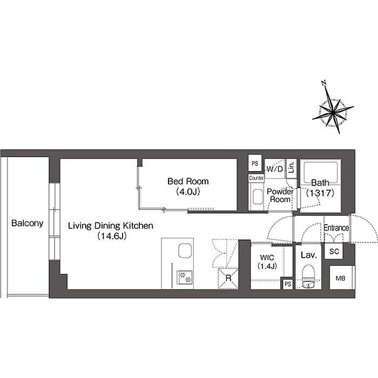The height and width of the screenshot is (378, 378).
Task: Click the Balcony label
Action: (27, 223)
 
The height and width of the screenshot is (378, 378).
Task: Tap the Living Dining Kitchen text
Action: (111, 226)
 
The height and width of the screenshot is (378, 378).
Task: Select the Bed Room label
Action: (188, 181)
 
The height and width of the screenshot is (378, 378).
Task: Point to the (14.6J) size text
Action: (112, 236)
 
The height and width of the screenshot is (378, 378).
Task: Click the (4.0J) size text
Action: (188, 192)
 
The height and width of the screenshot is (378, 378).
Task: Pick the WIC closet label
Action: (267, 258)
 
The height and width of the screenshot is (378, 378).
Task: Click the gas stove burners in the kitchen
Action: (185, 277)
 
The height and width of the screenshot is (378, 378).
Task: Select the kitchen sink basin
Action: (185, 251)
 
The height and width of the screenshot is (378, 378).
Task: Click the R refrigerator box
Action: (228, 278)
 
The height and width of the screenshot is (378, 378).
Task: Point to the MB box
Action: (341, 278)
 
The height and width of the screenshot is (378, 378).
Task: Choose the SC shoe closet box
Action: (334, 252)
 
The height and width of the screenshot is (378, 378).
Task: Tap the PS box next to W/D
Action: (255, 163)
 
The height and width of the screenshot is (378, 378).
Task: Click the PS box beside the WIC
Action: (288, 284)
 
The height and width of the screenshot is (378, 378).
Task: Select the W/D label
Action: (275, 169)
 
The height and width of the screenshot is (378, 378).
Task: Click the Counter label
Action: (256, 178)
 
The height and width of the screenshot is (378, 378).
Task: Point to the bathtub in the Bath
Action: (320, 173)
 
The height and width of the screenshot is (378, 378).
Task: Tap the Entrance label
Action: (336, 228)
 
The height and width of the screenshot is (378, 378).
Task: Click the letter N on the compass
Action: (324, 83)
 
